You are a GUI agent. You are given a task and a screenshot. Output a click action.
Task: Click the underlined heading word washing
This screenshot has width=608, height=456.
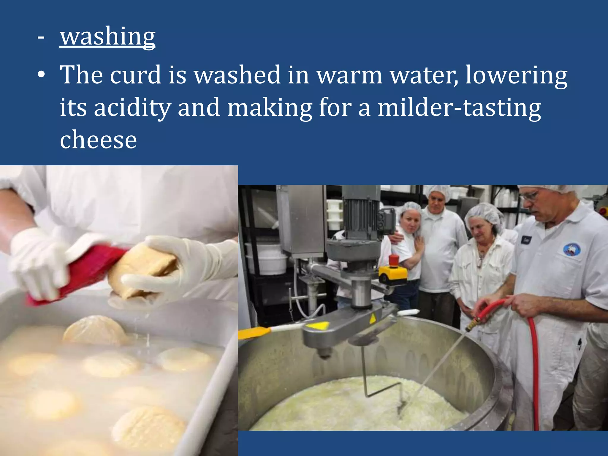(107, 36)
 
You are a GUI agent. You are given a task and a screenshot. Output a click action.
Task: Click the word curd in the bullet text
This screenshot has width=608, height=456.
(136, 75)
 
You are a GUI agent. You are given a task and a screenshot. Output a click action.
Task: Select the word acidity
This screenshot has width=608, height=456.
(132, 107)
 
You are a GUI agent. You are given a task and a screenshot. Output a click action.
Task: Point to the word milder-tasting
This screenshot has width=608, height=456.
(459, 107)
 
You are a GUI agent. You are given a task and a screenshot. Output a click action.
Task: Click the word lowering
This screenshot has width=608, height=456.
(516, 75)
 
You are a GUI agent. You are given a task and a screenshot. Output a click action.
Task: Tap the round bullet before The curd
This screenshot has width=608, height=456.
(41, 75)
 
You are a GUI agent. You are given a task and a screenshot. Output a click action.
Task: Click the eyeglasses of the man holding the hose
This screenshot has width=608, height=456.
(530, 196)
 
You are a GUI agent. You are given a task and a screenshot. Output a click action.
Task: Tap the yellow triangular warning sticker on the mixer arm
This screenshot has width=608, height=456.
(318, 326)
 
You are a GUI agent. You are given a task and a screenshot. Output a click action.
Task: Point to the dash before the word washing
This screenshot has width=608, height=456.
(41, 38)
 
